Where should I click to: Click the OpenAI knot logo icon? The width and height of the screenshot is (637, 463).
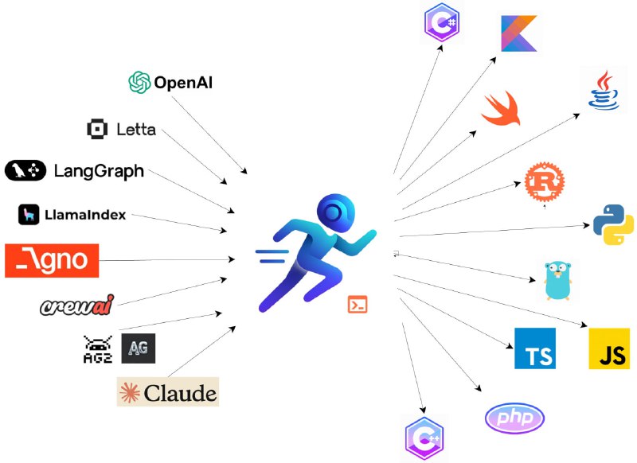pos(140,82)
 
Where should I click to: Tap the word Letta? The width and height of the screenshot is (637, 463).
pos(136,129)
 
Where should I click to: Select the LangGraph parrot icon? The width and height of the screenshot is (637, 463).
pos(26,170)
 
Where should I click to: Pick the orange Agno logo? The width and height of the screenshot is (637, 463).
pos(52,260)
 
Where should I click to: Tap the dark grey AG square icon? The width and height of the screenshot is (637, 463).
pos(139,348)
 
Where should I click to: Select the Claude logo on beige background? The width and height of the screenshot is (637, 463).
pos(167,391)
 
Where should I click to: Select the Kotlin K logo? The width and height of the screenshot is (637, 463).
pos(519,33)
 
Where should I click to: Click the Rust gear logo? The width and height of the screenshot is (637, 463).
pos(544,182)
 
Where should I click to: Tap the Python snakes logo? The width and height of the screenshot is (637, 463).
pos(613,224)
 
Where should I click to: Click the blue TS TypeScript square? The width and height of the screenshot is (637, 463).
pos(534,348)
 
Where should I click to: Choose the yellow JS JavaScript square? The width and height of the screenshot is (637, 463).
pos(609,348)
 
